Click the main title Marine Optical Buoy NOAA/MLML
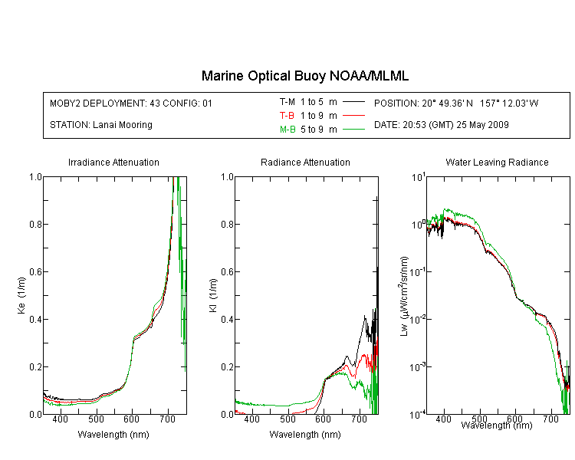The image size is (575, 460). point(305,76)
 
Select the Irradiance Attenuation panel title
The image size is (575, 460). point(113,162)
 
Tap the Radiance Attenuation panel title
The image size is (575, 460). point(305,162)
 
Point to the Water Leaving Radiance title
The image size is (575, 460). point(497,162)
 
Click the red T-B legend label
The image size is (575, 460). point(287,116)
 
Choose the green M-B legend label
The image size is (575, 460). point(287,129)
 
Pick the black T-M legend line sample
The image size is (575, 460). point(353,102)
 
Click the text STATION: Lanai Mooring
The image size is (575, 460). point(101,125)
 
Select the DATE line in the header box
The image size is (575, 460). point(441,125)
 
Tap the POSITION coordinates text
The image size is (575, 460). point(456,103)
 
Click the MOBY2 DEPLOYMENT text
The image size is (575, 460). point(131,103)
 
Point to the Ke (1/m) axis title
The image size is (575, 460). point(21,295)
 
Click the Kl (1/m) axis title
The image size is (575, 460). point(213,295)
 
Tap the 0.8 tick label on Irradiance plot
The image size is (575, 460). point(35,224)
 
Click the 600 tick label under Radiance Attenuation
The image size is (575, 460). point(323,419)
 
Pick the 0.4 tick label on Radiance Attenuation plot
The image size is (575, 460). point(228,319)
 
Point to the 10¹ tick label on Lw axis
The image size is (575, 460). point(419,177)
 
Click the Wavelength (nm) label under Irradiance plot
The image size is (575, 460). point(113,435)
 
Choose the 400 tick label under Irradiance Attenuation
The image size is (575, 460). point(61,419)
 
